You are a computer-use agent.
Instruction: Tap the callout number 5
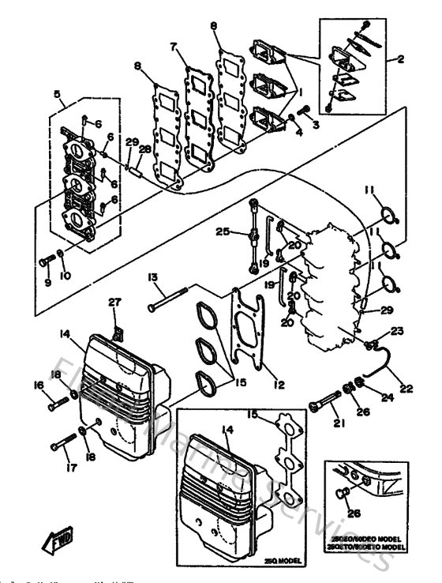coord(57,93)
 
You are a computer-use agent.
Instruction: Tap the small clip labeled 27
coord(117,320)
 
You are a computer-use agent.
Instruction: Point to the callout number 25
coord(223,231)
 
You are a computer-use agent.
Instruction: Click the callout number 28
coord(145,149)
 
